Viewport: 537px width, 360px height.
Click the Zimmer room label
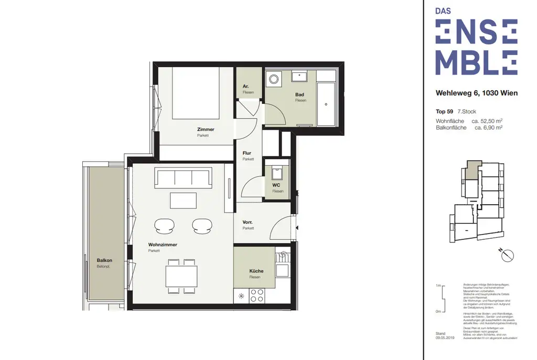pyautogui.click(x=206, y=130)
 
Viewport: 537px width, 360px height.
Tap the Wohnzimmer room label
pyautogui.click(x=162, y=245)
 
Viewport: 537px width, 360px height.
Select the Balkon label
pyautogui.click(x=104, y=260)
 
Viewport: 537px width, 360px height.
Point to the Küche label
pyautogui.click(x=256, y=271)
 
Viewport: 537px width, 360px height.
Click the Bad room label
pyautogui.click(x=300, y=95)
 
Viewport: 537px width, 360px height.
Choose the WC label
pyautogui.click(x=276, y=185)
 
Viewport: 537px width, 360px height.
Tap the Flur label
pyautogui.click(x=247, y=154)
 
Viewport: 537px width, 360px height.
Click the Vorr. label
pyautogui.click(x=248, y=223)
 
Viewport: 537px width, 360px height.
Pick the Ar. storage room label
pyautogui.click(x=246, y=86)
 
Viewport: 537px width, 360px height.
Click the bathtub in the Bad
pyautogui.click(x=327, y=103)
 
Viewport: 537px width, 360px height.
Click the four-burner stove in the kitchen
pyautogui.click(x=257, y=295)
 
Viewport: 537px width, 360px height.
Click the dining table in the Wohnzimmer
pyautogui.click(x=181, y=276)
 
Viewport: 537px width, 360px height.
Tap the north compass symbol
pyautogui.click(x=508, y=256)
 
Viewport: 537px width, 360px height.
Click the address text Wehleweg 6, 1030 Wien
pyautogui.click(x=476, y=93)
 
